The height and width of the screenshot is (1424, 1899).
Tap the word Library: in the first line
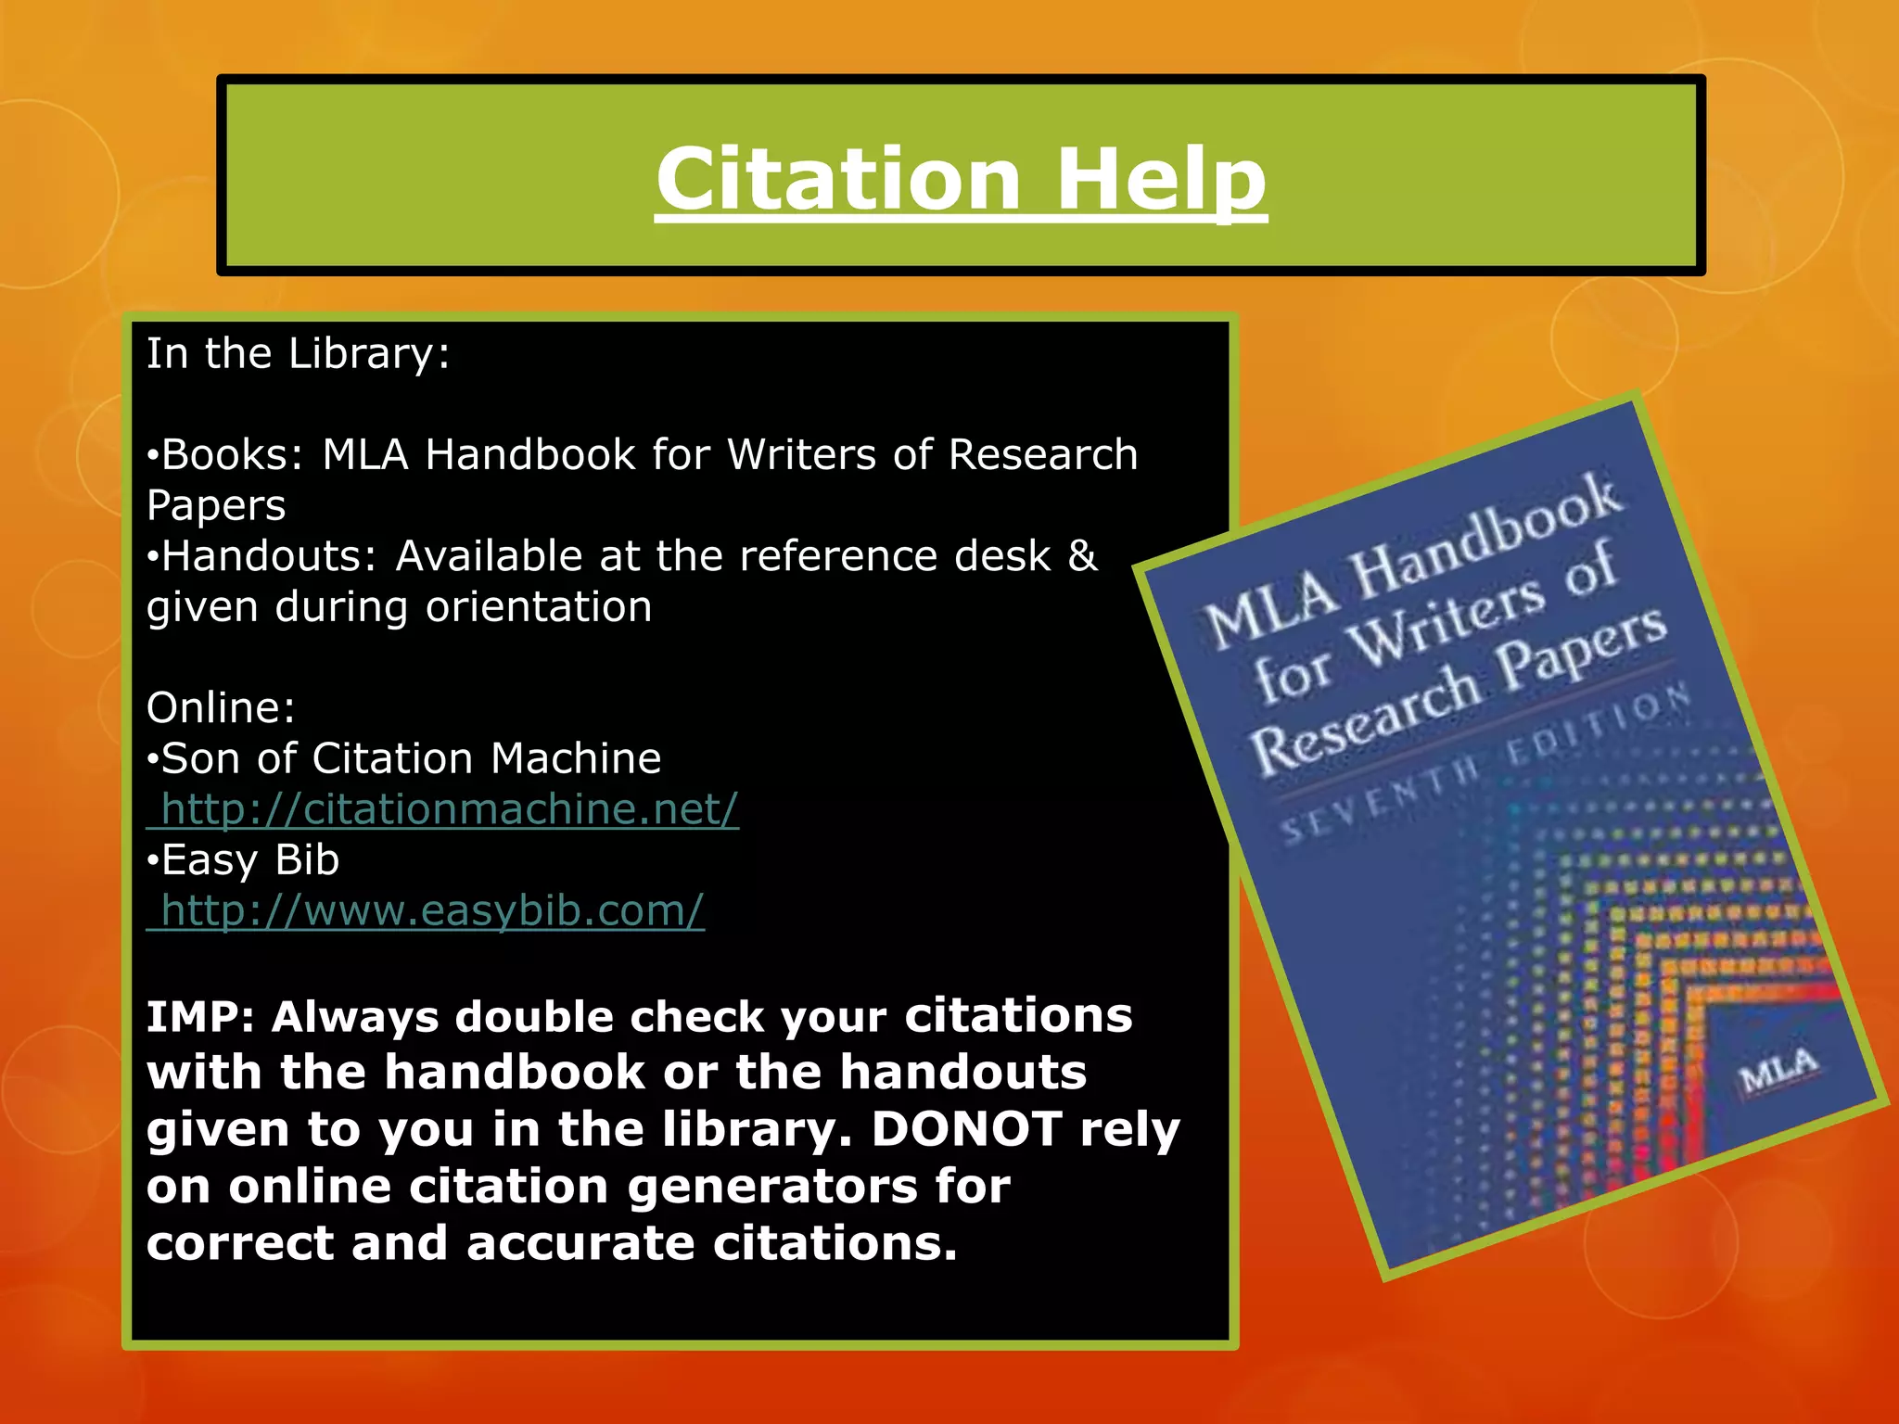pos(369,354)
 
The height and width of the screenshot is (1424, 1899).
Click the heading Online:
pos(221,708)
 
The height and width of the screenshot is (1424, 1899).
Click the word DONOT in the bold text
pos(966,1130)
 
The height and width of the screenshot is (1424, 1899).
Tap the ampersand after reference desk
pos(1082,556)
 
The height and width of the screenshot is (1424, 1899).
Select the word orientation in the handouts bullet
pos(539,607)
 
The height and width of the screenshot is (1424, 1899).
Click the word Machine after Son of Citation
pos(576,759)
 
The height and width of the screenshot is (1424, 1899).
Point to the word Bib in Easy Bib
pos(307,860)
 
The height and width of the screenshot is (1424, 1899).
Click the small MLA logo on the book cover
pos(1778,1071)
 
